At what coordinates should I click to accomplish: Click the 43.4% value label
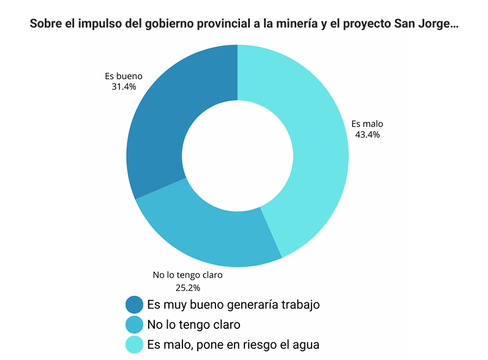[x=367, y=135]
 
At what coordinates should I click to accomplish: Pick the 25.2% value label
[x=188, y=287]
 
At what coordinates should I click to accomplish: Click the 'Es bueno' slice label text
[x=124, y=77]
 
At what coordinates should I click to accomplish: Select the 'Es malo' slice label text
[x=367, y=124]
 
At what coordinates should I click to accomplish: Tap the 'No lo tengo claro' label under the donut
[x=187, y=275]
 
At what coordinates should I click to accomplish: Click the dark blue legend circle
[x=133, y=304]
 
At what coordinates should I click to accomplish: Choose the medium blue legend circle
[x=133, y=324]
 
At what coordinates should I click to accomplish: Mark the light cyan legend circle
[x=133, y=344]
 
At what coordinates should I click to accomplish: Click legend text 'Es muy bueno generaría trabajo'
[x=233, y=304]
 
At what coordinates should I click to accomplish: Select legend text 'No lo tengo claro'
[x=193, y=324]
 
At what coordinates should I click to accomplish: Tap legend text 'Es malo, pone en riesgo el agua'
[x=233, y=344]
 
